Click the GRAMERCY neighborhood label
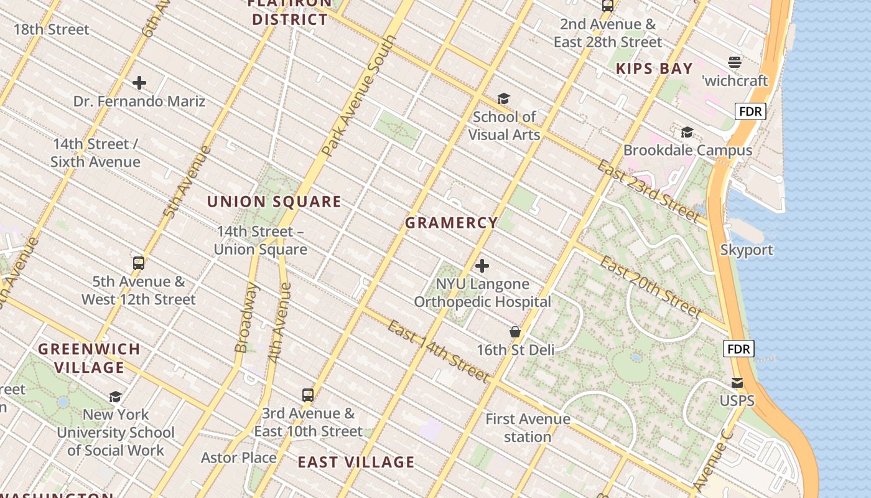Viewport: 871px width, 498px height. click(x=452, y=222)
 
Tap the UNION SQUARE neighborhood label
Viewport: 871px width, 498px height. click(x=274, y=202)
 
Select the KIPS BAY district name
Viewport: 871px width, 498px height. click(x=654, y=68)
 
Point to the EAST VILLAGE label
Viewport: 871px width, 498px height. click(x=356, y=462)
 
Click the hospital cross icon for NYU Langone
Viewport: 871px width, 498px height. click(x=482, y=266)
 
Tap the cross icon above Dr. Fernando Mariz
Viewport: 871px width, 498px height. click(x=139, y=83)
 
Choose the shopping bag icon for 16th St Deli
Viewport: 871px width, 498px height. click(x=515, y=332)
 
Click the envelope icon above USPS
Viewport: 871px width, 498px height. click(x=737, y=382)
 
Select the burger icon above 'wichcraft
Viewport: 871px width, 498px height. click(x=735, y=62)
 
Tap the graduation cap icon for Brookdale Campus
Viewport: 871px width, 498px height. click(x=687, y=132)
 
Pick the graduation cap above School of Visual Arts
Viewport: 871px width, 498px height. click(x=503, y=98)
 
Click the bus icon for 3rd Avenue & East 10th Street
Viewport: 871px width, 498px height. click(x=308, y=395)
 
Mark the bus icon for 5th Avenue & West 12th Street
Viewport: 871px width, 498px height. click(x=139, y=263)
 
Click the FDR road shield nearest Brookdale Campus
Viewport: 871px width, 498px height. click(x=750, y=111)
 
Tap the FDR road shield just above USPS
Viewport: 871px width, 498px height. click(x=738, y=349)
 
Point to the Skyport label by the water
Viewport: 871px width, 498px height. click(x=747, y=250)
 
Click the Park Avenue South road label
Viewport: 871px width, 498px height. click(x=359, y=96)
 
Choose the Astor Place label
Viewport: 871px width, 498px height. click(x=239, y=458)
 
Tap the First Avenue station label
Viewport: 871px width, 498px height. click(x=528, y=428)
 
